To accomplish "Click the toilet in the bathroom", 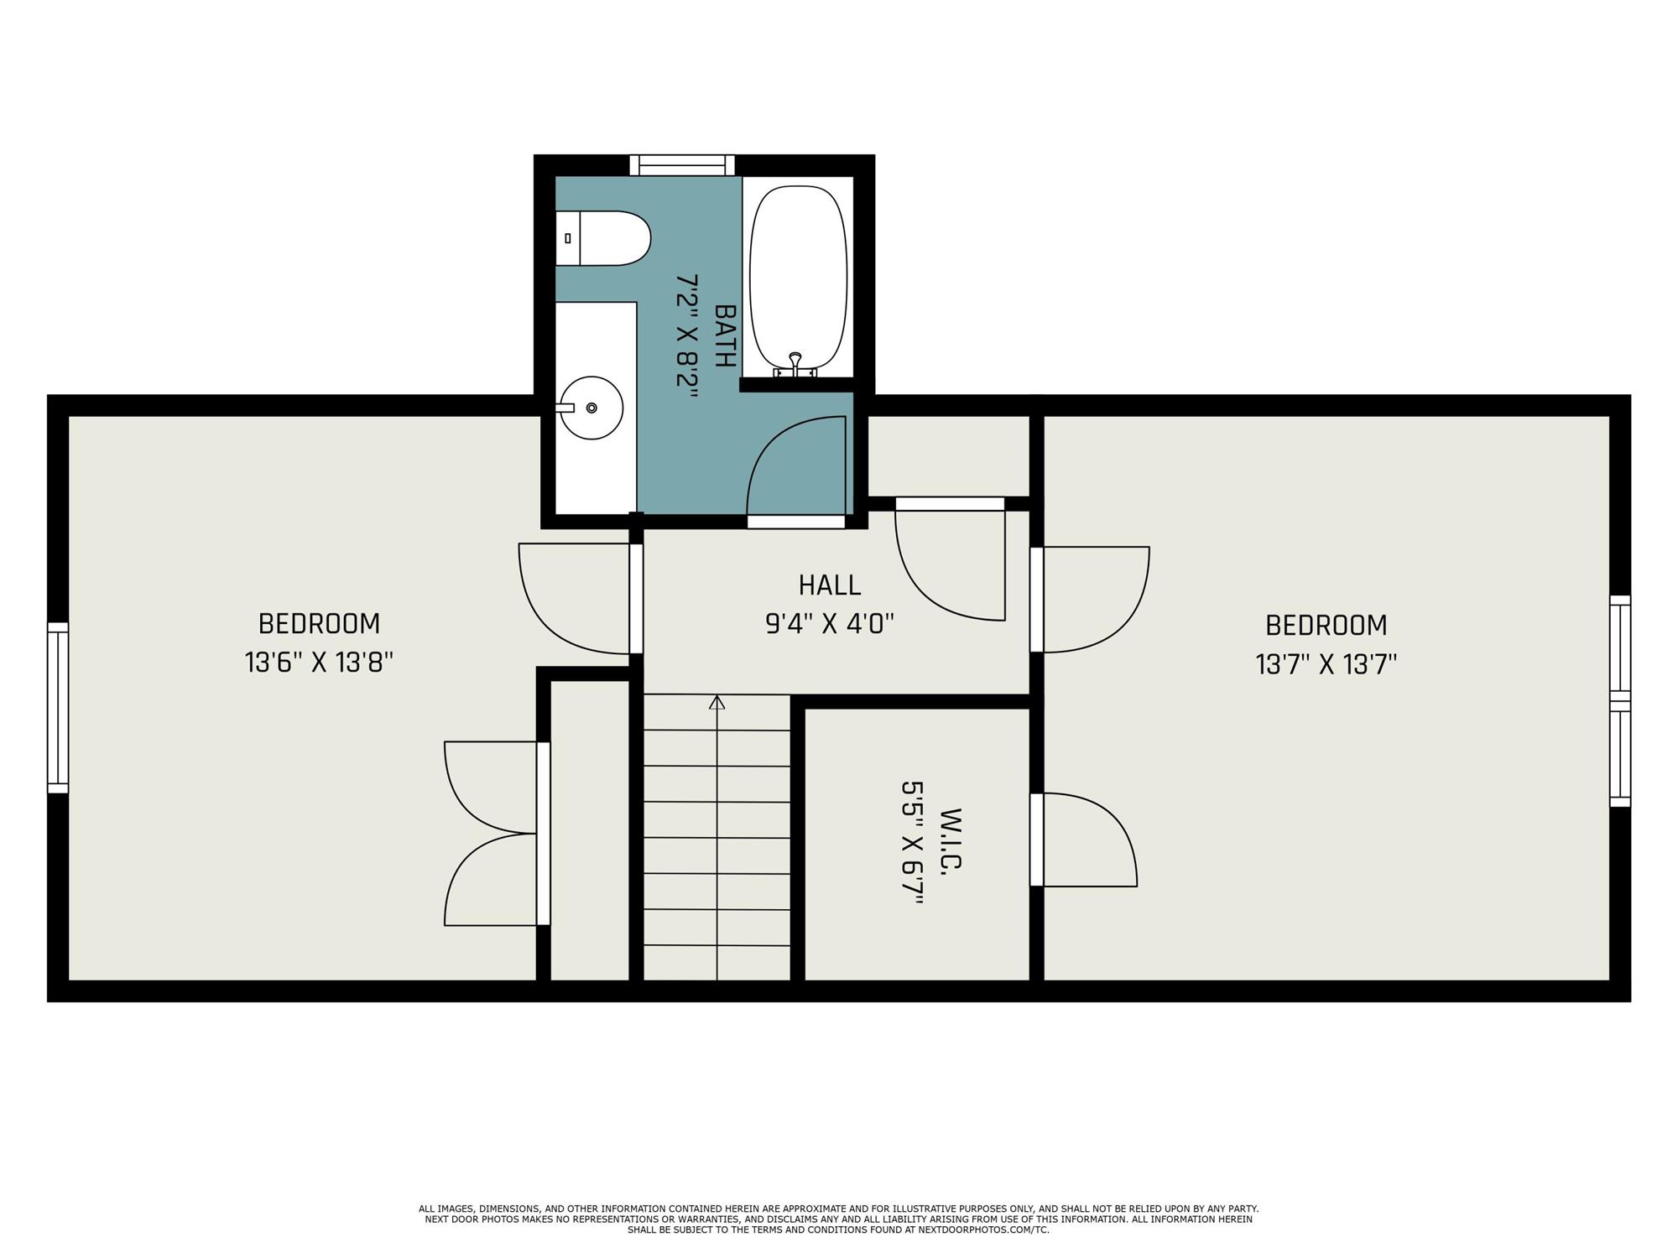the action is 602,238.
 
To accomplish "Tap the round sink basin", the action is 591,408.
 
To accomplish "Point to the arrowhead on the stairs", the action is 717,702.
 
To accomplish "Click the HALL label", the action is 829,585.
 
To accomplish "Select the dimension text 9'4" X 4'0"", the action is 830,624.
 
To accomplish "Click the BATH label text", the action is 725,335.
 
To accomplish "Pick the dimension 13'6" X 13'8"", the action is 319,663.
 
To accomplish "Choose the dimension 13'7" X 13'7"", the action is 1326,665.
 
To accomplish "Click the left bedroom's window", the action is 57,708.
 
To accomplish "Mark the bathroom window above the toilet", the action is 682,165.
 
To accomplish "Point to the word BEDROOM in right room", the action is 1326,626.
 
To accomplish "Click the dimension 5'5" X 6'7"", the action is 912,844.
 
